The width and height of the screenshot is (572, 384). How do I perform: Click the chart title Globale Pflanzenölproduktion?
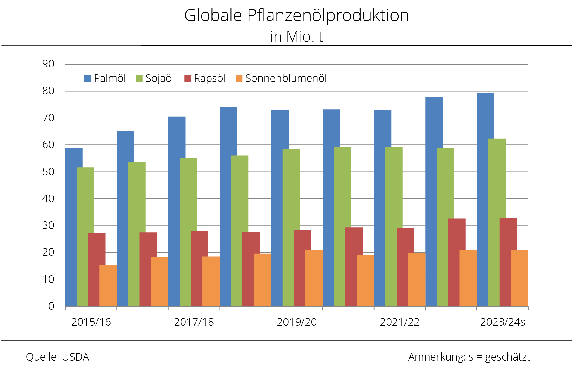pos(297,16)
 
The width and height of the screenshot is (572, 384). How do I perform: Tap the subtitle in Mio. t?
pos(297,37)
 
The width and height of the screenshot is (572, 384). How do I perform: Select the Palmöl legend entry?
pos(105,79)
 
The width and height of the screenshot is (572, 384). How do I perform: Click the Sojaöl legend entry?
pos(155,79)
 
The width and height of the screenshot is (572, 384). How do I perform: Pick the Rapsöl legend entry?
pos(205,79)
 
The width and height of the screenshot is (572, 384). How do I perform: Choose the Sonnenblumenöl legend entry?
pos(281,79)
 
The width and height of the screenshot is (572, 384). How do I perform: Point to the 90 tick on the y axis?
pos(48,64)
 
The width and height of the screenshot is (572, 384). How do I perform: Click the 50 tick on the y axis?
pos(48,172)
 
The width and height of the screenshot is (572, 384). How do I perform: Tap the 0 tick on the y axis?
pos(51,306)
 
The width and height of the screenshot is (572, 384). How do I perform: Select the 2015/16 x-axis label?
pos(91,322)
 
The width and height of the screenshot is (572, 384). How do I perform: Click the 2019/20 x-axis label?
pos(297,322)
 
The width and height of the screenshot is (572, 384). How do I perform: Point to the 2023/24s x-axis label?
pos(502,322)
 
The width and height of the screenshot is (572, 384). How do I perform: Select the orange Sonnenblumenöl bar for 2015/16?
pos(108,285)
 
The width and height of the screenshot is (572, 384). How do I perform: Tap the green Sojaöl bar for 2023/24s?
pos(497,222)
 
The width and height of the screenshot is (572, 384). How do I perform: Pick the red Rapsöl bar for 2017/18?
pos(200,268)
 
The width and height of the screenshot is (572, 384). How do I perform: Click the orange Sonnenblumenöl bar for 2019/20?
pos(314,278)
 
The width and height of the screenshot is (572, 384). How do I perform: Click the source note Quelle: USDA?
pos(57,357)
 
